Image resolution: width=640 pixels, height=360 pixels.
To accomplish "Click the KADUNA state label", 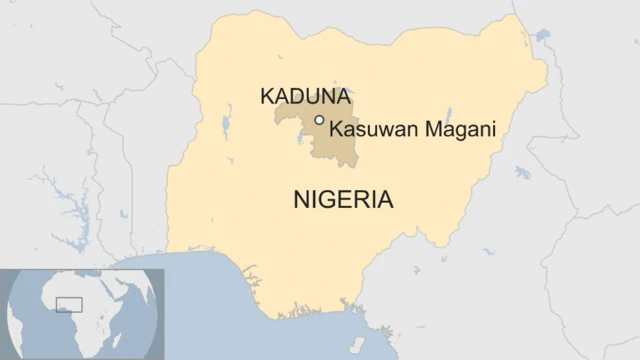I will click(305, 97).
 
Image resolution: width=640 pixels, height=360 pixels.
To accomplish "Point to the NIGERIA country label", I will click(343, 199).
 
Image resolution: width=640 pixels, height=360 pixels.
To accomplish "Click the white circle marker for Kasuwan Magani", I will click(319, 120).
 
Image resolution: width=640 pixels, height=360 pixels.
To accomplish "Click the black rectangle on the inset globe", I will click(68, 304).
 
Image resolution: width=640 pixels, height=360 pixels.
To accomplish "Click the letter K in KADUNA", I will click(267, 97).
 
